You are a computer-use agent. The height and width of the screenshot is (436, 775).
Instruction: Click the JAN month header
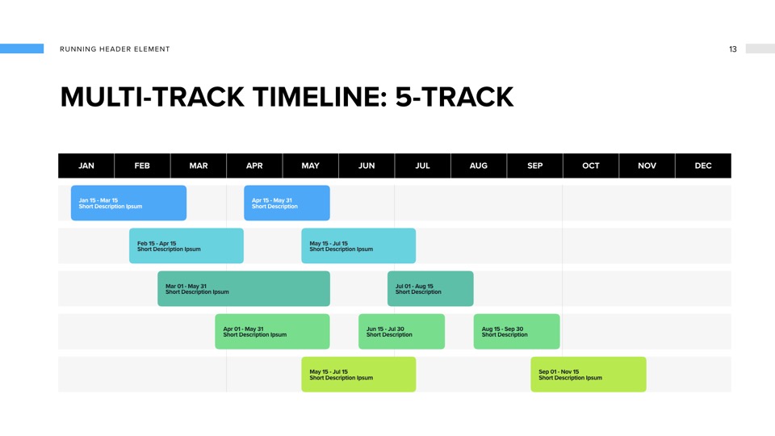coord(86,166)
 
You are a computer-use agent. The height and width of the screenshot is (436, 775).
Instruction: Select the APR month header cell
coord(254,166)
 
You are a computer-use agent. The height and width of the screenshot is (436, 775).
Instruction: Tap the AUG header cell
coord(479,166)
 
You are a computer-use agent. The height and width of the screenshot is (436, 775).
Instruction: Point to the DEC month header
coord(703,166)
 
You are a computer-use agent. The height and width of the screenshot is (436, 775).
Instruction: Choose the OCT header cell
coord(591,166)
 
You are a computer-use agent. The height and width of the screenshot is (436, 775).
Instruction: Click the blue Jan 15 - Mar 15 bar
coord(128,203)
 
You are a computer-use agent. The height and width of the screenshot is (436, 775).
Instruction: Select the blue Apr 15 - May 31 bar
coord(287,203)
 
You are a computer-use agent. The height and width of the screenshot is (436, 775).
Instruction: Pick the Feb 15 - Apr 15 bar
coord(186,245)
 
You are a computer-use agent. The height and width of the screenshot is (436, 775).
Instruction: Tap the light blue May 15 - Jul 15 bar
coord(358,245)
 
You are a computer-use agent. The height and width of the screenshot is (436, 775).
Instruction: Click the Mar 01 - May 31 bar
coord(244,289)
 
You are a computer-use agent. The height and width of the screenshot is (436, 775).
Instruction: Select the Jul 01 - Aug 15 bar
coord(430,289)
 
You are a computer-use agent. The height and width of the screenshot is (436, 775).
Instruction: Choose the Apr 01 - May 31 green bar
coord(272,331)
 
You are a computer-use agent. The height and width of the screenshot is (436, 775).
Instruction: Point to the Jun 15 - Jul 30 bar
coord(401,331)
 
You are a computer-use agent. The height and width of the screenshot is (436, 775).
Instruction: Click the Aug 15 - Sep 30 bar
coord(517,331)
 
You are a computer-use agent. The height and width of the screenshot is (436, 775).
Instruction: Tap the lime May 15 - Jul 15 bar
coord(358,374)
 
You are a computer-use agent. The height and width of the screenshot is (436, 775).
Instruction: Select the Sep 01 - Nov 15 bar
coord(589,374)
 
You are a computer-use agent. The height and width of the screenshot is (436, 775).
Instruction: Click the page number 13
coord(733,49)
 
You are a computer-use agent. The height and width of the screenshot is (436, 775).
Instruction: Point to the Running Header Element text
coord(115,49)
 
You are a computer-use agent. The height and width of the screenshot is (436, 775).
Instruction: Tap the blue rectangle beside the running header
coord(22,48)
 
